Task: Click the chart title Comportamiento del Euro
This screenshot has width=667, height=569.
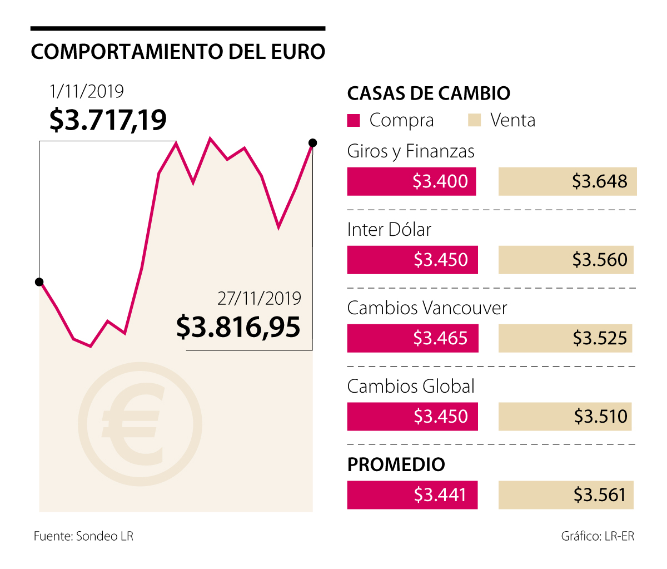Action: click(178, 52)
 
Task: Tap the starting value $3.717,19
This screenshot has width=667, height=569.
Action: click(108, 120)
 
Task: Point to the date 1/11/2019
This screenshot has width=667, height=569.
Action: click(87, 91)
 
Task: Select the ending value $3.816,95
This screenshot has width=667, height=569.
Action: click(238, 326)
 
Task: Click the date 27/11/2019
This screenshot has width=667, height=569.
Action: click(259, 299)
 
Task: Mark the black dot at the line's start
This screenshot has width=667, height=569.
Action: click(39, 282)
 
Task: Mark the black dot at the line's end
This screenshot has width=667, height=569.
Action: click(312, 143)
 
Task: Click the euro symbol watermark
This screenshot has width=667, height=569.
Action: click(140, 425)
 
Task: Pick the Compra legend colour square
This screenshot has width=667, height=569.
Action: click(354, 120)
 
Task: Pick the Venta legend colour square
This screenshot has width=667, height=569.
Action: click(474, 120)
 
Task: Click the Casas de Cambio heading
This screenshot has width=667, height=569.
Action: click(429, 93)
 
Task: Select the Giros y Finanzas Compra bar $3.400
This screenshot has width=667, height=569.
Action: click(411, 181)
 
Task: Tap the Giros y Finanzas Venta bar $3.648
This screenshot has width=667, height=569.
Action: click(567, 181)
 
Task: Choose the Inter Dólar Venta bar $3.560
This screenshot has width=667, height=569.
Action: click(566, 260)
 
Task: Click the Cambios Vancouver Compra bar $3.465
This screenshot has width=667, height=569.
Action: click(412, 338)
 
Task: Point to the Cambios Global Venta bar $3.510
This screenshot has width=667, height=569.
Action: click(565, 417)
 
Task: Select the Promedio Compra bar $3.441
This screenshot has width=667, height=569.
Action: click(412, 495)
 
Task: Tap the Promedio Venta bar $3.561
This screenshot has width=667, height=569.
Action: click(566, 495)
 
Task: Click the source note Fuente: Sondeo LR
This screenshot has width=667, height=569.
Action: click(83, 536)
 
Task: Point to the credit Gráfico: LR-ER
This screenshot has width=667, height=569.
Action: click(598, 536)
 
